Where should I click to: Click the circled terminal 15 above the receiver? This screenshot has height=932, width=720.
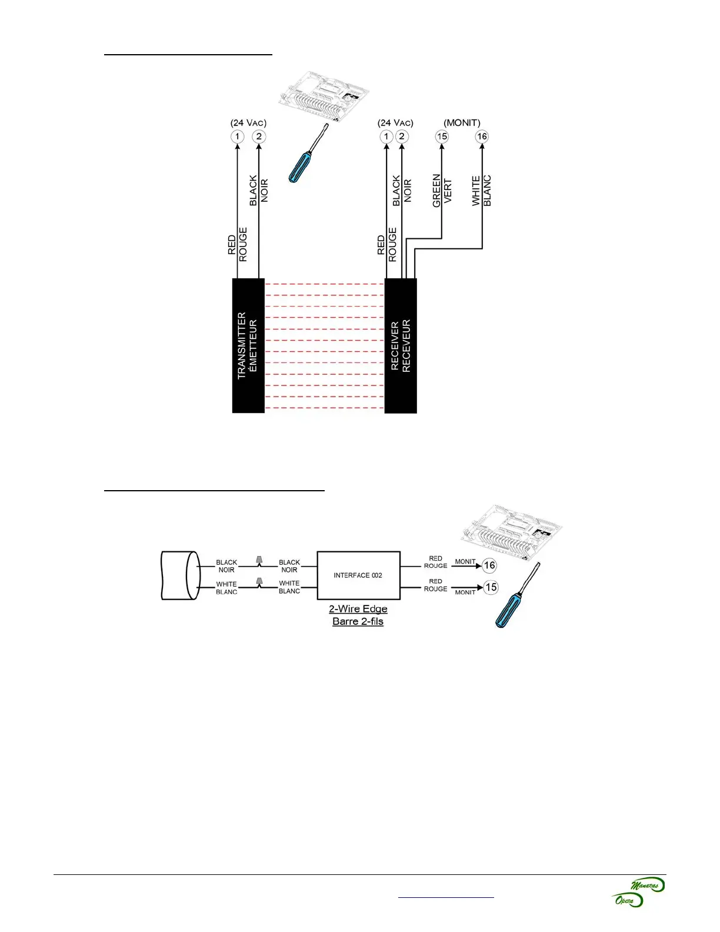[442, 137]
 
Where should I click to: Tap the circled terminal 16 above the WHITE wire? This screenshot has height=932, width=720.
[482, 137]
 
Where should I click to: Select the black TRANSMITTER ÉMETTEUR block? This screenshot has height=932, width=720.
[248, 345]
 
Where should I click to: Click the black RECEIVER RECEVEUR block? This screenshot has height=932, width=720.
[401, 345]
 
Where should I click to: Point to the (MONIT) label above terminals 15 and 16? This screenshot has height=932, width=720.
[462, 123]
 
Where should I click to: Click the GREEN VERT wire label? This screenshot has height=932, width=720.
[442, 190]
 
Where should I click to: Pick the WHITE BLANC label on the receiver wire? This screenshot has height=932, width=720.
[481, 190]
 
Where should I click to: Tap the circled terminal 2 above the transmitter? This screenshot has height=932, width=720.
[259, 137]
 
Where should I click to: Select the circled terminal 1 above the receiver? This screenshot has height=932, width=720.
[386, 137]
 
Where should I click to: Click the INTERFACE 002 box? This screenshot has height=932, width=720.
[358, 575]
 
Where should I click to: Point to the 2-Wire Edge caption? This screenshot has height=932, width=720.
[358, 609]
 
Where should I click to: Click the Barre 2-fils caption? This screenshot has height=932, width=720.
[358, 621]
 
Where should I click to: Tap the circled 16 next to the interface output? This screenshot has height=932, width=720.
[489, 565]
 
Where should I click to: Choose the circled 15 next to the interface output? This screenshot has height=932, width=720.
[491, 587]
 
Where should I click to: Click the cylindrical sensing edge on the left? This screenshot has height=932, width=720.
[179, 575]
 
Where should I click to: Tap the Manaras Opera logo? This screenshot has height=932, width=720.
[639, 892]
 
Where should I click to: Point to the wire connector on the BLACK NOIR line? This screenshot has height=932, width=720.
[259, 560]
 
